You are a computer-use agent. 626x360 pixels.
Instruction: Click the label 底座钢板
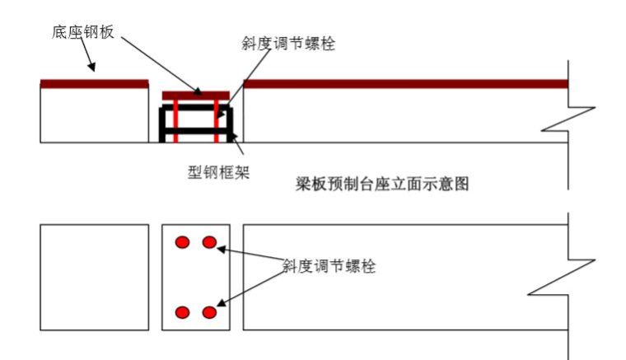tap(81, 32)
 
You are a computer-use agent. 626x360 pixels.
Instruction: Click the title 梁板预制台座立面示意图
tap(382, 184)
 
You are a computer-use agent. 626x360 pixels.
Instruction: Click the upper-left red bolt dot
tap(183, 242)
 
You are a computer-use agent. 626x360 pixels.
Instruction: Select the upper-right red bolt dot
tap(209, 242)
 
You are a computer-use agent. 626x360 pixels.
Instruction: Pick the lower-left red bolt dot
tap(183, 312)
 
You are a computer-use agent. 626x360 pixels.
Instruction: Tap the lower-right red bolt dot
tap(209, 312)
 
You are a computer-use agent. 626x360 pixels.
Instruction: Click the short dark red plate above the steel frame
tap(195, 95)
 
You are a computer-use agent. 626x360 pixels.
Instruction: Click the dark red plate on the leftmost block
tap(95, 83)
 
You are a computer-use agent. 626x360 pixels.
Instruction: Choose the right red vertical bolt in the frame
tap(217, 119)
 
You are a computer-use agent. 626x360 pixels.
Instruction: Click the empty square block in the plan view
tap(95, 278)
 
